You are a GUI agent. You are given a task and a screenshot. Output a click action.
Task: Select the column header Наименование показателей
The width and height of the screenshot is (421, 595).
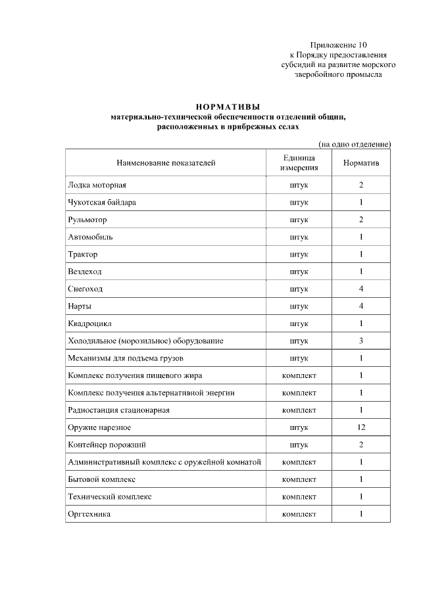pos(166,162)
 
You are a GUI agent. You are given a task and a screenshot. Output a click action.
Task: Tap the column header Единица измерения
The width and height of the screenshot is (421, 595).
pos(299,162)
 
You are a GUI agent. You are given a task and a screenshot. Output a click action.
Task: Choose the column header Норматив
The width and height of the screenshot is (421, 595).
pos(361,162)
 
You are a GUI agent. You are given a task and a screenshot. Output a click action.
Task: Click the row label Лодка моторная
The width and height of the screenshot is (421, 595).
pos(97,185)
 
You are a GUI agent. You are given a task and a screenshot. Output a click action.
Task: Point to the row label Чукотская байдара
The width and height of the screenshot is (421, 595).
pos(102,202)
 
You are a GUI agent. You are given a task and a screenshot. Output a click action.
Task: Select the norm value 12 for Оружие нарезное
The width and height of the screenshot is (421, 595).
pos(361,427)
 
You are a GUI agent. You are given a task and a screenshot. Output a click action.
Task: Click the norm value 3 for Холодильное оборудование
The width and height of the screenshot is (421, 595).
pos(361,341)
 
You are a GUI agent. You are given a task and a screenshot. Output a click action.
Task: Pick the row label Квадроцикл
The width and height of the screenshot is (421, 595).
pos(91,323)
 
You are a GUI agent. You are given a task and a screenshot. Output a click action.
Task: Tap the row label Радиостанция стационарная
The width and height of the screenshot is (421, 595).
pos(118,410)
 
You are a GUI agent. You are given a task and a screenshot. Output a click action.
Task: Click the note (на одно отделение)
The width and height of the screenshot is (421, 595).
pos(355,143)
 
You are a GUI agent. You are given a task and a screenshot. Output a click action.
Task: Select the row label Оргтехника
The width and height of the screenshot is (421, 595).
pos(89,513)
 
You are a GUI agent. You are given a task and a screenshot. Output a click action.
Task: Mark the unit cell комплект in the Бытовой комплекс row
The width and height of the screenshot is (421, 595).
pos(299,479)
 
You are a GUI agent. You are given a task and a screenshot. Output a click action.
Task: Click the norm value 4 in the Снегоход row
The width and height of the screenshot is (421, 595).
pos(361,289)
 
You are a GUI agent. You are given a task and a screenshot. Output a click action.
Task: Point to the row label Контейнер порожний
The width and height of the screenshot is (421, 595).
pos(107,444)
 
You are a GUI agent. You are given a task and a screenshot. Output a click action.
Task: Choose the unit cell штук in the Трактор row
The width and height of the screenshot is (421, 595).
pos(299,254)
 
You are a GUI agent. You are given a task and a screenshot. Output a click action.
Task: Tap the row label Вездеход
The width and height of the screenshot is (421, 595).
pos(85,272)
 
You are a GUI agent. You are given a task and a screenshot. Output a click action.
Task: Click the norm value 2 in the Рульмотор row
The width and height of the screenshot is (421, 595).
pos(361,220)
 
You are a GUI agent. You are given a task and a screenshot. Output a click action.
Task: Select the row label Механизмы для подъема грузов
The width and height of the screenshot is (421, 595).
pos(126,358)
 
